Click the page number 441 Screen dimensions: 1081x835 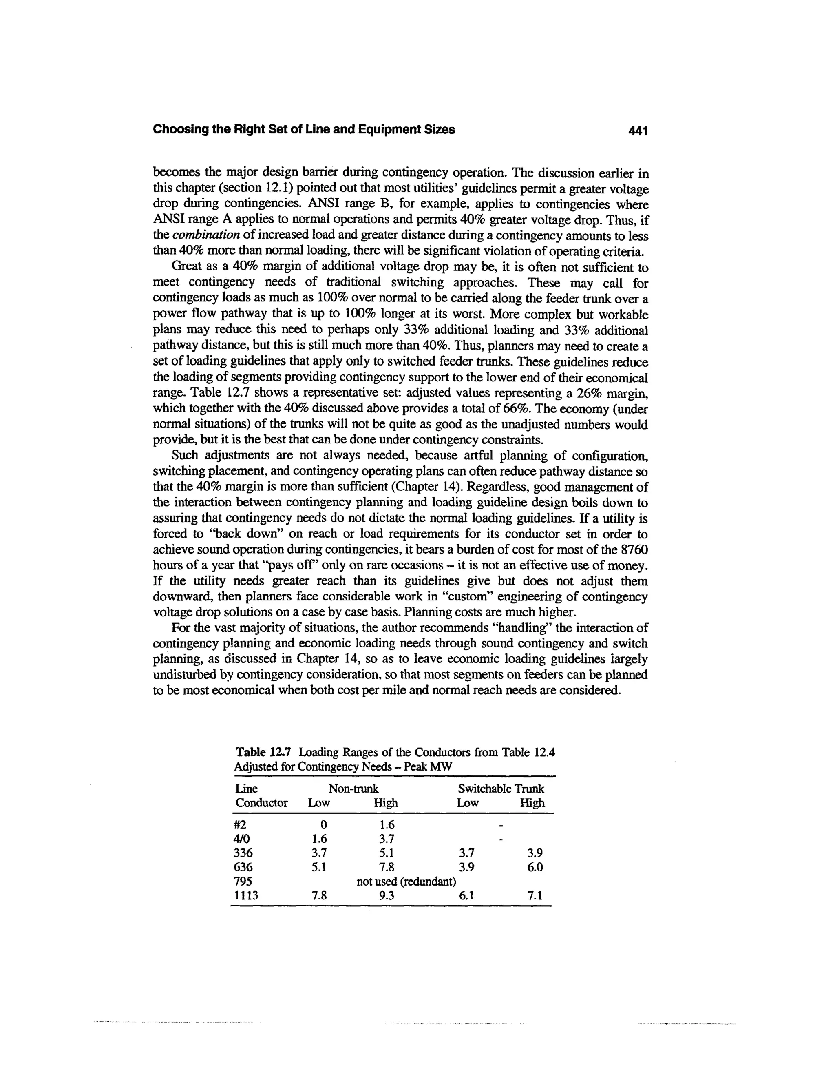637,131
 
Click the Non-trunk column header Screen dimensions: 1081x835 353,789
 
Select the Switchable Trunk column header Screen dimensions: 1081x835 501,789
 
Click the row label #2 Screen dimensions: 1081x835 241,825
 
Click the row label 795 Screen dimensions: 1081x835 243,882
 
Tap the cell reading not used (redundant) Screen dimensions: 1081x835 406,882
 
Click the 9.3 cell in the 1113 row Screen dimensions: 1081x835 385,895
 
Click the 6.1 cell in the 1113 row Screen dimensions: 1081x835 466,895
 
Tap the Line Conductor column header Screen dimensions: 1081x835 261,795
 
